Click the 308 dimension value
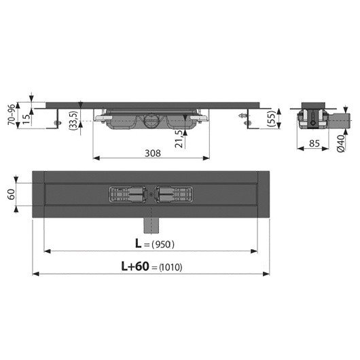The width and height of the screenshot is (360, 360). pyautogui.click(x=153, y=153)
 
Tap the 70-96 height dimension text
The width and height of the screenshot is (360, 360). pyautogui.click(x=12, y=114)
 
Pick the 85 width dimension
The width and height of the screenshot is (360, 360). pyautogui.click(x=314, y=143)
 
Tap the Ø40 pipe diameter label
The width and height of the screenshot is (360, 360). pyautogui.click(x=341, y=143)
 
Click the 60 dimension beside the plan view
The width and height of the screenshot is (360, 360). pyautogui.click(x=12, y=194)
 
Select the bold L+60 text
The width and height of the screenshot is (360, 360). pyautogui.click(x=135, y=266)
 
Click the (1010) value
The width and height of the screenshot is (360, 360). pyautogui.click(x=170, y=267)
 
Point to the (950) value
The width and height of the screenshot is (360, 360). pyautogui.click(x=163, y=245)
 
